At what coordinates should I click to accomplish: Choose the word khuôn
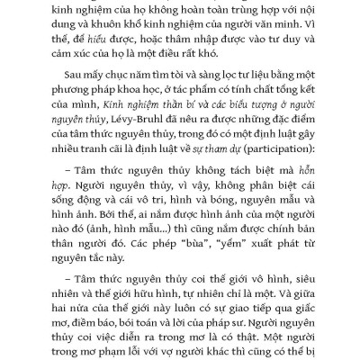click(135, 25)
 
